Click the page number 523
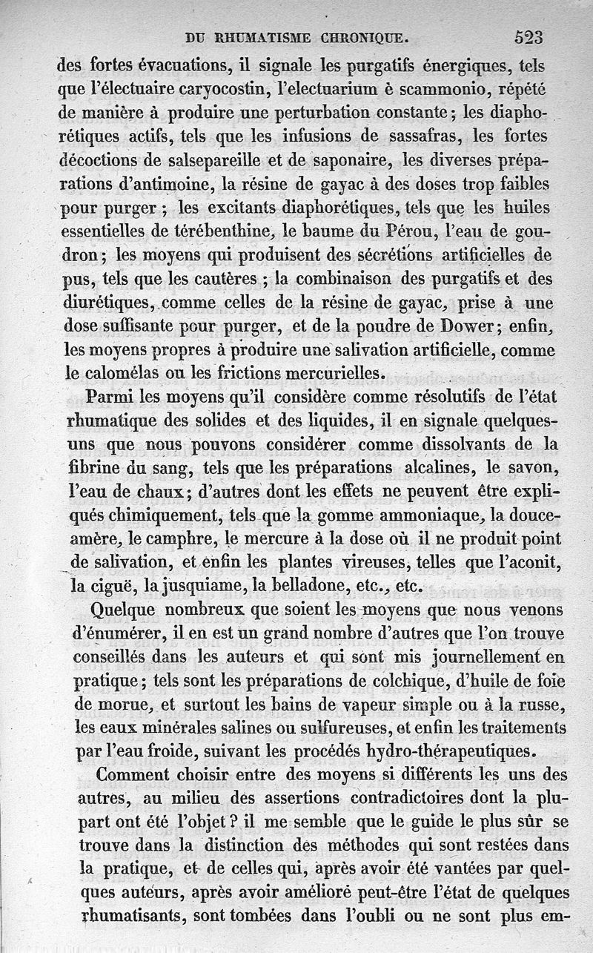click(527, 38)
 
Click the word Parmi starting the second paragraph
click(110, 398)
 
